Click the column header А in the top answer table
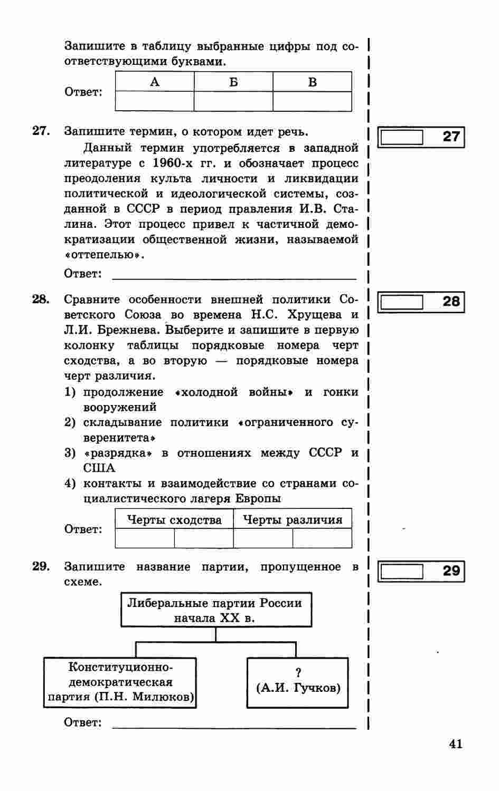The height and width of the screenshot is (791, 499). tap(155, 82)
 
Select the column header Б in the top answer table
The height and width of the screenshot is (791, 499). tap(233, 82)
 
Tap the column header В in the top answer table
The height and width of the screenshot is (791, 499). tap(312, 82)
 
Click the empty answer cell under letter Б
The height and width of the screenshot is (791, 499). tap(233, 101)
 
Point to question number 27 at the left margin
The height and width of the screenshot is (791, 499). tap(41, 131)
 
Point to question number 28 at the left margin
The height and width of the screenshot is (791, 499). tap(41, 300)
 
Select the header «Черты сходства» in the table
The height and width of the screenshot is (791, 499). tap(174, 520)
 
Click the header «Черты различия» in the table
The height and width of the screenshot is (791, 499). tap(293, 520)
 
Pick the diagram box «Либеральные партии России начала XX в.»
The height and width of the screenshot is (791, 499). tap(215, 610)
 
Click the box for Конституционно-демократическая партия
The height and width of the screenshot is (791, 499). tap(120, 682)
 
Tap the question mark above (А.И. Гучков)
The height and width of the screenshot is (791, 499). tap(298, 673)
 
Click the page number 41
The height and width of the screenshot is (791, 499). tap(456, 744)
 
